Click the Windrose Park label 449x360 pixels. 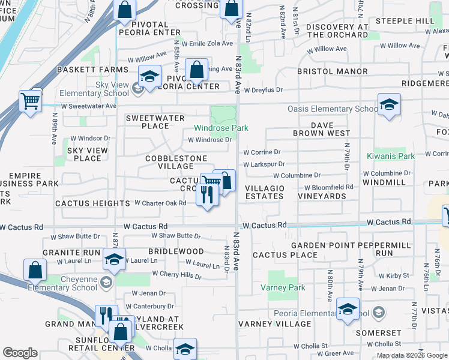(x=221, y=128)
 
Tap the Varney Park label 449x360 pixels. (x=283, y=287)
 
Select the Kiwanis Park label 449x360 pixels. (x=391, y=156)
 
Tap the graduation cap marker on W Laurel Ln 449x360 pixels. (x=113, y=259)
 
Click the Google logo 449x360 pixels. (x=20, y=353)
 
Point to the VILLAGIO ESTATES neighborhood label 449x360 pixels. (x=265, y=192)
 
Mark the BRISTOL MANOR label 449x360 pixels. (x=333, y=71)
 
